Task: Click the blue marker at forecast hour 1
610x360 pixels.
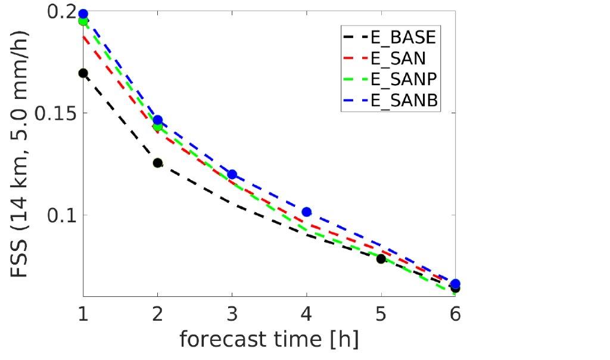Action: (x=83, y=14)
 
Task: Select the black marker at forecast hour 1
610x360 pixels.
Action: (x=83, y=73)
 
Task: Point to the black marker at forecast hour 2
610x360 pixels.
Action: (x=157, y=163)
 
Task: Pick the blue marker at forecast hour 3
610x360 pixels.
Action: (x=232, y=175)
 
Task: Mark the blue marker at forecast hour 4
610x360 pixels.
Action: (x=306, y=212)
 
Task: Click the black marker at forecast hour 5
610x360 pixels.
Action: (x=381, y=259)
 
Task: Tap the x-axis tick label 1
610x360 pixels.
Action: (x=83, y=314)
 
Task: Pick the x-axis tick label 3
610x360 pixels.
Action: (x=232, y=314)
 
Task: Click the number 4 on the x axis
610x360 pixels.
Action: (x=306, y=314)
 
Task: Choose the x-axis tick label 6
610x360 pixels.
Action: (x=455, y=314)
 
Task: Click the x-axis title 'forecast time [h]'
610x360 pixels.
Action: (x=269, y=340)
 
